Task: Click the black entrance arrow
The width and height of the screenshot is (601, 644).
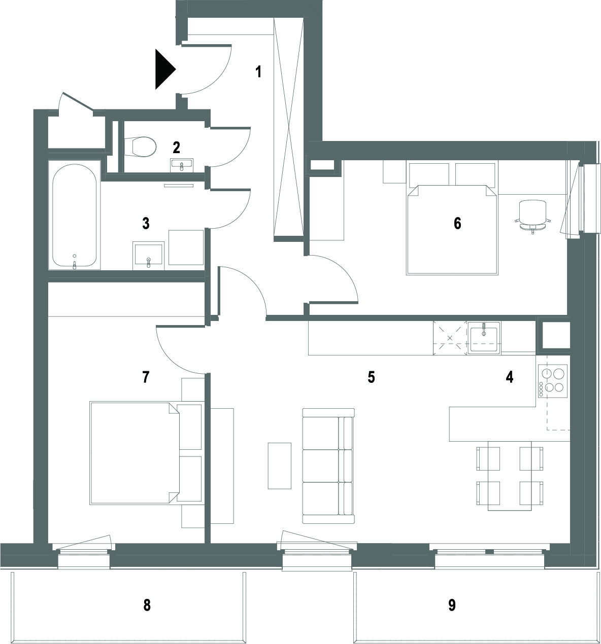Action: tap(165, 69)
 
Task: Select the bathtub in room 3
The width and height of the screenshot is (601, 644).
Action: tap(74, 216)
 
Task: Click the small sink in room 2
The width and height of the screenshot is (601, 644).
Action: tap(182, 165)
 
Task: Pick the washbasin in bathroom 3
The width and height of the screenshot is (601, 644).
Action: tap(148, 256)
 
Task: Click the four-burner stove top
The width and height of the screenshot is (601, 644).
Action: tap(553, 381)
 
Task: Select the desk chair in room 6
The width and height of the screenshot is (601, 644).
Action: tap(533, 216)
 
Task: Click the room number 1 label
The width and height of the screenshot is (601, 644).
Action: tap(258, 71)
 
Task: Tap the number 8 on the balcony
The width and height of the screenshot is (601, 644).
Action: tap(147, 605)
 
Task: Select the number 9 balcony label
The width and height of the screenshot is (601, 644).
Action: tap(452, 605)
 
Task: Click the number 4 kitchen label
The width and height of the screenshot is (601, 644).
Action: tap(510, 377)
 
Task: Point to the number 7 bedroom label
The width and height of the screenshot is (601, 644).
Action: tap(146, 377)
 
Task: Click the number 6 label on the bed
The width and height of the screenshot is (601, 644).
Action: tap(457, 224)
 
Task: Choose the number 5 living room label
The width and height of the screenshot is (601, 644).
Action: tap(371, 377)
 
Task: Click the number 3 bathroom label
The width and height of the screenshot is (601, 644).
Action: tap(146, 224)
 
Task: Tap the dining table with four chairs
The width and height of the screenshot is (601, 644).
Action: tap(510, 476)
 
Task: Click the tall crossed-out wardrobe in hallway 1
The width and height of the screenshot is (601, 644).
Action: tap(289, 129)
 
